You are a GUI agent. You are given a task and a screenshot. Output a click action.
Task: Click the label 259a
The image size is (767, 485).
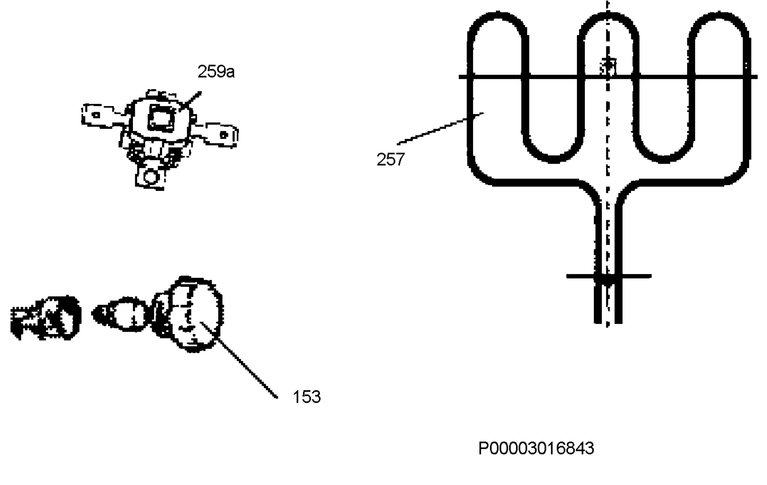(216, 71)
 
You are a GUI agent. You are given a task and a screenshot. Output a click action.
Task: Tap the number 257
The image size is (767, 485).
(391, 159)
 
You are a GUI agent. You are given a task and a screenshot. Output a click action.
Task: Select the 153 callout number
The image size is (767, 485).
(306, 397)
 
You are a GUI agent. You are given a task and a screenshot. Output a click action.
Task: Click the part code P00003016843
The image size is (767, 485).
(536, 448)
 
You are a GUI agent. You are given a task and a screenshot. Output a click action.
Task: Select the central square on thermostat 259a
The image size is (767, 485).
(162, 118)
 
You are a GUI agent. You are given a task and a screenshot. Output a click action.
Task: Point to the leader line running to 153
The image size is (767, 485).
(239, 360)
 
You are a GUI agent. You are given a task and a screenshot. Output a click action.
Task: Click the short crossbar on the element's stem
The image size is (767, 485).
(609, 276)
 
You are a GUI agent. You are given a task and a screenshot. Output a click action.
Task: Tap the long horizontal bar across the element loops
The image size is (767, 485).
(608, 77)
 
